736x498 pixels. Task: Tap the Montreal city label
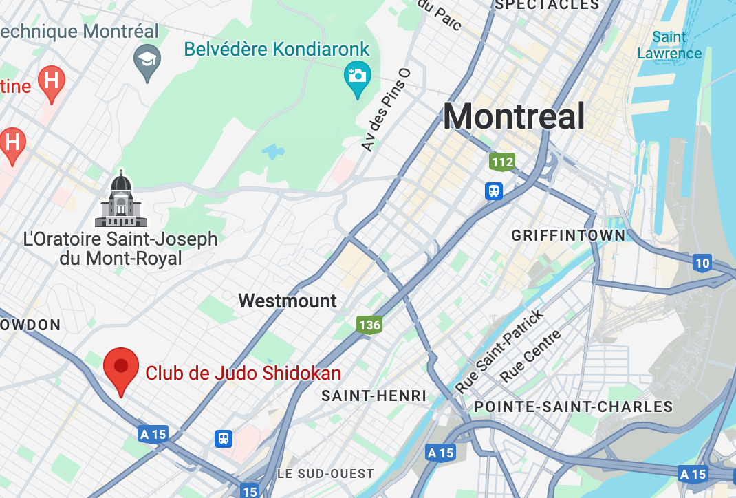(513, 116)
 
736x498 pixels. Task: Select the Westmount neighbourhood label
(288, 301)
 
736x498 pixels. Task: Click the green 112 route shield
(502, 162)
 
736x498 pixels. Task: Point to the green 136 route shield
(369, 325)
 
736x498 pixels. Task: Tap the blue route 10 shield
(702, 263)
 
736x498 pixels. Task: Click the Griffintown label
(568, 235)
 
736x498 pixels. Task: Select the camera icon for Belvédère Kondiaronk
(358, 76)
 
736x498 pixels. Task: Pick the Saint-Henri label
(374, 396)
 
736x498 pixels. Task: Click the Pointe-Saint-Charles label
(573, 407)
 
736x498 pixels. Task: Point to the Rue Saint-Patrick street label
(500, 351)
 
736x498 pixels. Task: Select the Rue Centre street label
(531, 356)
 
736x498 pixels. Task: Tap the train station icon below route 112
(494, 191)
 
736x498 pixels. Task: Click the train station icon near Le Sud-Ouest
(223, 438)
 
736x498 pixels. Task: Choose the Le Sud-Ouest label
(325, 474)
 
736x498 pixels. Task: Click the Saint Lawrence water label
(669, 45)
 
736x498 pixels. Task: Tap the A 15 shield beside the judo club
(153, 434)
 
